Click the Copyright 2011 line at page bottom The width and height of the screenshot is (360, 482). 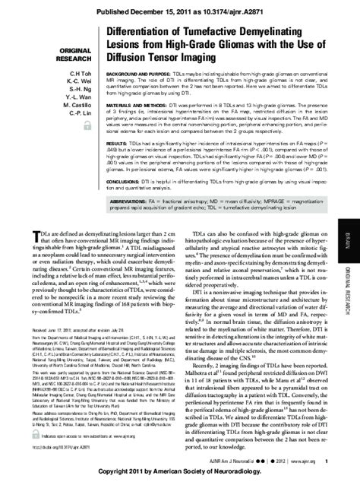[x=180, y=472]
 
